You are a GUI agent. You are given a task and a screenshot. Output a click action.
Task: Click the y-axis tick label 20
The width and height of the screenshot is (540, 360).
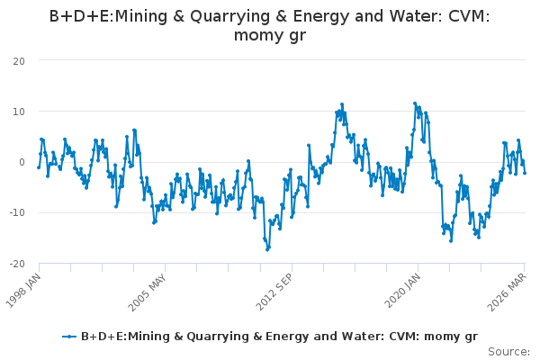[x=19, y=62]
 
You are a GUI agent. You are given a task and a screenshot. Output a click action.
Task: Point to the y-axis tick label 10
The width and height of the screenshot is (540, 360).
[x=19, y=112]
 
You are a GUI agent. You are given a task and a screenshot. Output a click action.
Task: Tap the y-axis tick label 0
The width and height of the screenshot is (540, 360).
[x=22, y=163]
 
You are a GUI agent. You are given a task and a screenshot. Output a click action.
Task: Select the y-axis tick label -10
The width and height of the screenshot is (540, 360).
[x=17, y=213]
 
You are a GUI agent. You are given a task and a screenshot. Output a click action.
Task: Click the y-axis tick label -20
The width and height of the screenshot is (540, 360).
[x=17, y=265]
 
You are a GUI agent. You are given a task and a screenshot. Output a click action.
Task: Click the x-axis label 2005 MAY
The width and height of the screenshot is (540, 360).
[x=147, y=292]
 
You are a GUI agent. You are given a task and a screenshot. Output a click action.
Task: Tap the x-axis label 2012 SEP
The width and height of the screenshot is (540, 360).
[x=274, y=292]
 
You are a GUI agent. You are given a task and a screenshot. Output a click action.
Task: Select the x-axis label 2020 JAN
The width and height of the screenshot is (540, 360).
[x=402, y=291]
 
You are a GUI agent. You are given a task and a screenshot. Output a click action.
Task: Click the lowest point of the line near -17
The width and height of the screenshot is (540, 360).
[x=267, y=250]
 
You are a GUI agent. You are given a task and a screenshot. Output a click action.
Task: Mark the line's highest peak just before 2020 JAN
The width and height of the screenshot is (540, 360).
[x=415, y=103]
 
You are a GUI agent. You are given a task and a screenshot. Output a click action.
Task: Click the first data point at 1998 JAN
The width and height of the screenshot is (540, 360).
[x=39, y=167]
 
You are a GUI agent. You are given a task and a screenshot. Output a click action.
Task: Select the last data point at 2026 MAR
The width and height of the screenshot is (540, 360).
[x=525, y=173]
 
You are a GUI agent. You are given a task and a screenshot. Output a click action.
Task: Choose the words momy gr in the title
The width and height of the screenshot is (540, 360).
[x=270, y=35]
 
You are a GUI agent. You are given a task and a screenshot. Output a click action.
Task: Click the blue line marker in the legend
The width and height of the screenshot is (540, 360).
[x=69, y=337]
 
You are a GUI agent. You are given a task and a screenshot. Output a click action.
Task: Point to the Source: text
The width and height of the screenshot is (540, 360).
[x=508, y=352]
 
